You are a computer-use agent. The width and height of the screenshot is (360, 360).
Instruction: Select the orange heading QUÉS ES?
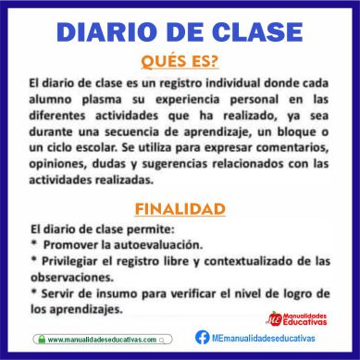[x=180, y=61]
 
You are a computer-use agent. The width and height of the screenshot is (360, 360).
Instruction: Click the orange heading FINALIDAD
[x=180, y=209]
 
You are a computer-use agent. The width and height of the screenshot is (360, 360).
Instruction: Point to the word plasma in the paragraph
[x=102, y=100]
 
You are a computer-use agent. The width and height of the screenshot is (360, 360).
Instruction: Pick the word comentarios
[x=292, y=148]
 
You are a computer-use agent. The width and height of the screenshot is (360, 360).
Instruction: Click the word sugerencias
[x=175, y=165]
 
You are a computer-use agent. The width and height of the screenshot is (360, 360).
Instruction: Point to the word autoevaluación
[x=158, y=245]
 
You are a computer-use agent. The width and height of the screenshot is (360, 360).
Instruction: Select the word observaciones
[x=72, y=278]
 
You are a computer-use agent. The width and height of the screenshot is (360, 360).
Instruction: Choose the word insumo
[x=117, y=293]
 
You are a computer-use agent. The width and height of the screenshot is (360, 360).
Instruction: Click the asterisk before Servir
[x=34, y=292]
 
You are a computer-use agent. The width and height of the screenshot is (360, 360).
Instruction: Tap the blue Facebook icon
[x=203, y=338]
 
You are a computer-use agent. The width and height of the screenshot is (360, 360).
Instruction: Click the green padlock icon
[x=42, y=340]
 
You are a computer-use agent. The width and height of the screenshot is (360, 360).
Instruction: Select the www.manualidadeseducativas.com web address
[x=102, y=340]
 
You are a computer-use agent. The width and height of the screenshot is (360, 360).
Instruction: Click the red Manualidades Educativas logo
[x=297, y=319]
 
